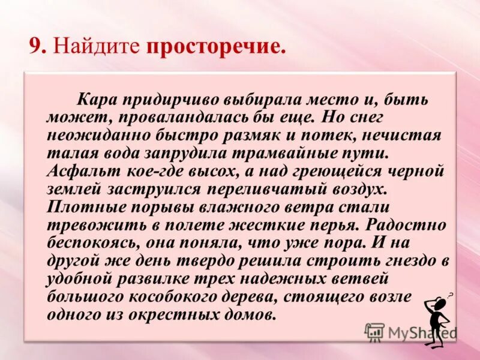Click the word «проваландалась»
coord(202,117)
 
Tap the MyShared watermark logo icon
coord(375,332)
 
